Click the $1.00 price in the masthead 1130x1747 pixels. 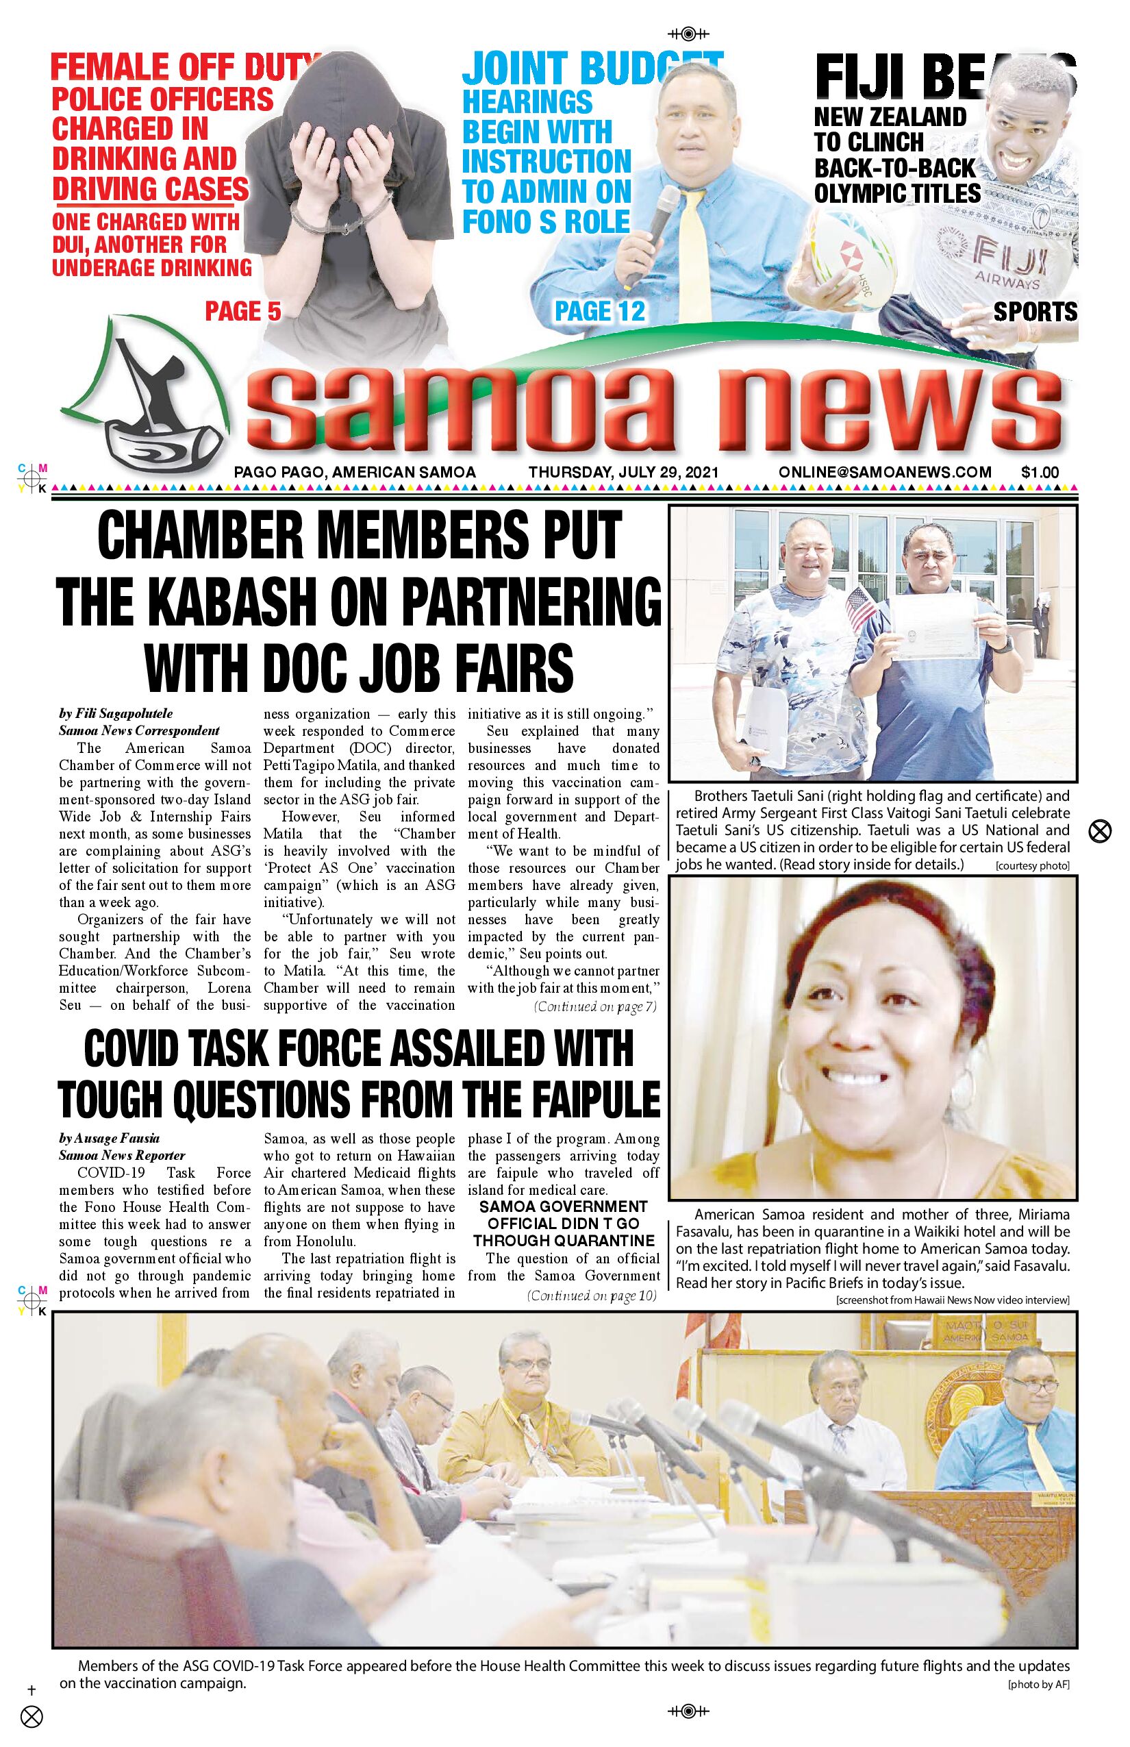pos(1040,473)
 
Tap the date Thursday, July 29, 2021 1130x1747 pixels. pos(623,473)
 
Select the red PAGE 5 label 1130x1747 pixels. pos(243,311)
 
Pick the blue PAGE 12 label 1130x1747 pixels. pos(599,311)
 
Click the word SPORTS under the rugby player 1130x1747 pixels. pos(1035,311)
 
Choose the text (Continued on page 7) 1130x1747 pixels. pos(594,1006)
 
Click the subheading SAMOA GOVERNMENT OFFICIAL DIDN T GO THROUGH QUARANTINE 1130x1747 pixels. pos(563,1224)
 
